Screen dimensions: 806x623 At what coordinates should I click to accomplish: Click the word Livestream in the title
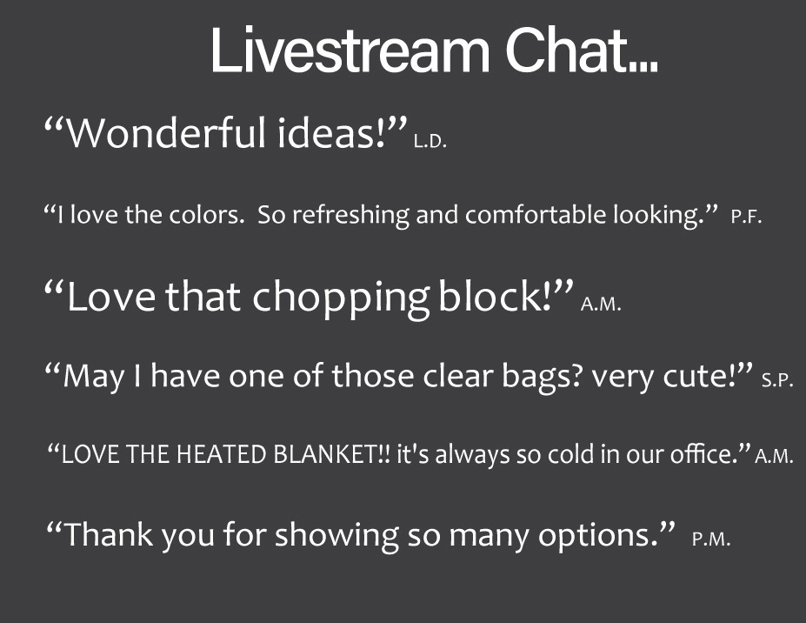point(350,50)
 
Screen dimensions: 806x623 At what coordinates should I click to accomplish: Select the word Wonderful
point(167,133)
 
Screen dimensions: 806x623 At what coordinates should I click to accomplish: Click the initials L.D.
point(430,142)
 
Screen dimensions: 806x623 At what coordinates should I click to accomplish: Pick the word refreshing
point(350,215)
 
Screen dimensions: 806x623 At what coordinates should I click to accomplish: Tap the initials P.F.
point(746,217)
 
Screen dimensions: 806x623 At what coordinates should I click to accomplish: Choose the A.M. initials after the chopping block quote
point(601,304)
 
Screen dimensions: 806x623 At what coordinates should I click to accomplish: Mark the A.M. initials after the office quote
point(774,456)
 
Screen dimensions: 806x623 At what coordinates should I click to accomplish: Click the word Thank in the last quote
point(109,534)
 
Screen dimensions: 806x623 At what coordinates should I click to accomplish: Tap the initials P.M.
point(711,539)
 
